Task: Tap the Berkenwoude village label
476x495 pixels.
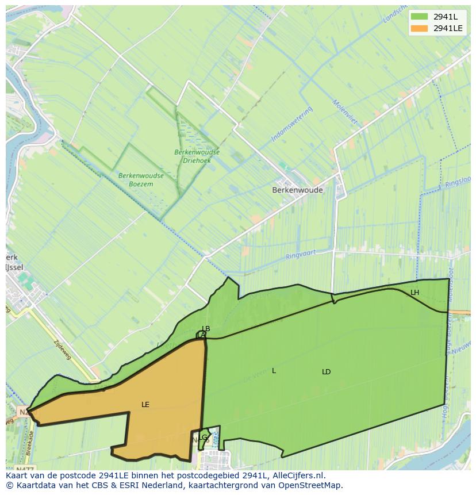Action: coord(297,190)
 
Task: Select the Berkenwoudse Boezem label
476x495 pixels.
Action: coord(141,179)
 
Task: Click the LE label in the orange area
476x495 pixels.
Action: coord(145,405)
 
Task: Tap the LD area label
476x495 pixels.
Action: coord(327,372)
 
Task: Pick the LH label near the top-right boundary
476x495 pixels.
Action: coord(414,293)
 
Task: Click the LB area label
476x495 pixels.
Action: coord(206,329)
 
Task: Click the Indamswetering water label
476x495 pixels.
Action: coord(291,124)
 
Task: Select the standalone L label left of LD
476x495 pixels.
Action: coord(274,371)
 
